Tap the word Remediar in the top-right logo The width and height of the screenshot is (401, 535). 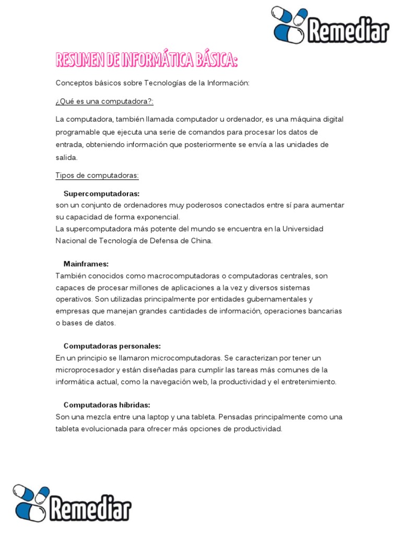tap(348, 31)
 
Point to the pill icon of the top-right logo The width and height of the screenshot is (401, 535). tap(289, 25)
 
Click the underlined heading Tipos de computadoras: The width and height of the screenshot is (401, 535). tap(97, 175)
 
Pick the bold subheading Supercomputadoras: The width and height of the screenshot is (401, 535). tap(101, 193)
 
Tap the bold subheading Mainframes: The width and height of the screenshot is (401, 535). tap(86, 264)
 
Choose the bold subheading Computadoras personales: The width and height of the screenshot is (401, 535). tap(112, 346)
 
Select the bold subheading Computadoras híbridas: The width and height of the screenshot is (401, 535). tap(107, 405)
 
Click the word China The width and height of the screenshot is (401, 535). tap(202, 241)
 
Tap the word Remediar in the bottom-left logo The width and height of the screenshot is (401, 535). tap(90, 506)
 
